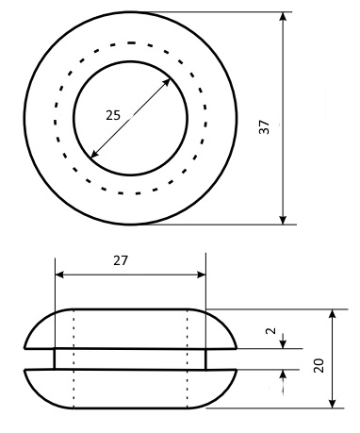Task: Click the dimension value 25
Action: click(x=113, y=115)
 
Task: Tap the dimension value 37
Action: click(x=264, y=126)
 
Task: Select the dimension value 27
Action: click(x=121, y=260)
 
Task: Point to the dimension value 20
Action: click(x=319, y=365)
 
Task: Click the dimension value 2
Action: click(x=271, y=330)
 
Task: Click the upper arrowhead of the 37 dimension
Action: click(x=283, y=16)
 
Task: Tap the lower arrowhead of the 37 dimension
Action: click(x=283, y=220)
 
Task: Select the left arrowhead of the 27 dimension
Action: click(x=59, y=275)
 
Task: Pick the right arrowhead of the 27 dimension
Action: click(x=201, y=275)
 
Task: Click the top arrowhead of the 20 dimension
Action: click(x=333, y=314)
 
